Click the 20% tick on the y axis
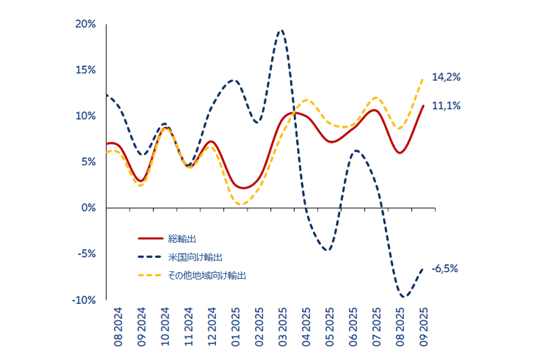click(x=87, y=24)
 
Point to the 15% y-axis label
click(x=87, y=70)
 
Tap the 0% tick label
click(x=89, y=208)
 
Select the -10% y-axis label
click(x=85, y=300)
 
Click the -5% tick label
click(x=87, y=254)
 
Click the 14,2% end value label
click(x=446, y=78)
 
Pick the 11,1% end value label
click(x=446, y=106)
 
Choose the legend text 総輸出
click(x=182, y=239)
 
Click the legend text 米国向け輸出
click(x=195, y=257)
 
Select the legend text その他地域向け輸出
click(x=207, y=275)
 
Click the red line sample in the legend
click(x=150, y=239)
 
